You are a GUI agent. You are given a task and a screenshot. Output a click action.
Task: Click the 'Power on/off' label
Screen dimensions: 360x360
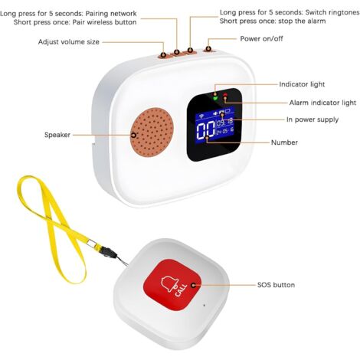click(x=261, y=39)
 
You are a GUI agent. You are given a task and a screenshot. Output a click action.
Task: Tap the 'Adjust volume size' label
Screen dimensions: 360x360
click(x=69, y=42)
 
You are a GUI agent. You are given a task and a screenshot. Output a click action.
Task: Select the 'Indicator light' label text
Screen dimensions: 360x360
click(x=302, y=84)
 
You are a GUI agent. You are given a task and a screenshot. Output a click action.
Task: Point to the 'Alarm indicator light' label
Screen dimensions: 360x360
click(x=322, y=103)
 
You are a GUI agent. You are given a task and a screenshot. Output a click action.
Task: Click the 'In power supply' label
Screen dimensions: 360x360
click(x=313, y=119)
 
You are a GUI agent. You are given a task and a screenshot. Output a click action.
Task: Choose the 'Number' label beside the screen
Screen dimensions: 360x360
click(x=284, y=142)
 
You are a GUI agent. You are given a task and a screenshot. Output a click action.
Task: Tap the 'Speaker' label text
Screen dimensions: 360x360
click(x=57, y=135)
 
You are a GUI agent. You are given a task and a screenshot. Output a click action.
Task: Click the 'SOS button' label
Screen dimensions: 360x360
click(x=276, y=285)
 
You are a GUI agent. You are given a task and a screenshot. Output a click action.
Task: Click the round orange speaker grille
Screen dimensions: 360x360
click(x=152, y=132)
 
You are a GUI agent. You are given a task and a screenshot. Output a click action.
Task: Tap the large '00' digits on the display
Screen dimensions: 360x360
click(x=205, y=130)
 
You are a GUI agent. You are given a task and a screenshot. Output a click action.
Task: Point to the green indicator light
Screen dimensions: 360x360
click(x=215, y=97)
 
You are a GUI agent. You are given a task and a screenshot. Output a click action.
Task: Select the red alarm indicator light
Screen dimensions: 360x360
click(x=225, y=96)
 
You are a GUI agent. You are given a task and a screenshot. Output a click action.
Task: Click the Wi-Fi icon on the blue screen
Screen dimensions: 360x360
click(x=201, y=116)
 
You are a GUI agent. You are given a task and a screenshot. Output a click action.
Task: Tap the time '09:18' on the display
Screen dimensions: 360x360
click(x=224, y=122)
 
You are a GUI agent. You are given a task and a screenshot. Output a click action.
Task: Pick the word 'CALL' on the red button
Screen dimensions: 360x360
click(x=181, y=290)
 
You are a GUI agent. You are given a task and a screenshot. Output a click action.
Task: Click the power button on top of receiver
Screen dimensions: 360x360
click(x=209, y=51)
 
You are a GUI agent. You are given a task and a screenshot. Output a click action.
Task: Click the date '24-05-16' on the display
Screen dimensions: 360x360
click(x=225, y=131)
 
